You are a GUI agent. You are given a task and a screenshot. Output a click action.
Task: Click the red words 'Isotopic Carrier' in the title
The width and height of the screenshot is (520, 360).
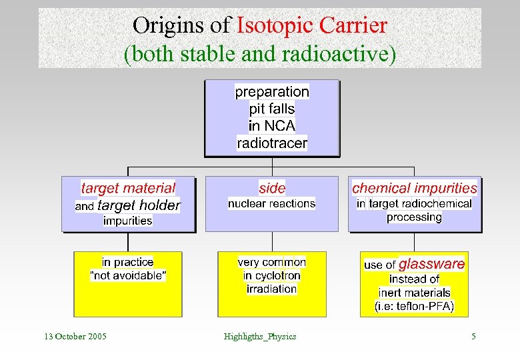tap(311, 25)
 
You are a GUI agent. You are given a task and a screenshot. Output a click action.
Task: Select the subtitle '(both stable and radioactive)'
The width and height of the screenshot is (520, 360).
tap(260, 53)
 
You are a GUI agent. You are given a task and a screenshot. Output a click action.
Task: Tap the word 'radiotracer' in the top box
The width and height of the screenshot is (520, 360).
tap(272, 143)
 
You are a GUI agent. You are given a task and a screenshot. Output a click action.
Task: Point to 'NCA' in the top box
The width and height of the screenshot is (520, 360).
tap(279, 125)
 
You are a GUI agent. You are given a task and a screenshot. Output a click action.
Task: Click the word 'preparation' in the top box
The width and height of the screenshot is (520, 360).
tap(272, 91)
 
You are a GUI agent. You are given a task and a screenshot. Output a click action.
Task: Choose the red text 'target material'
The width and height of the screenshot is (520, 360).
tap(128, 188)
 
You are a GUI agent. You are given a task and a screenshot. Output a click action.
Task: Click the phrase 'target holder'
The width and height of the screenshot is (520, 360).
tap(139, 205)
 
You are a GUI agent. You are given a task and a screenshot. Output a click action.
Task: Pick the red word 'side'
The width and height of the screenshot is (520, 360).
tap(272, 188)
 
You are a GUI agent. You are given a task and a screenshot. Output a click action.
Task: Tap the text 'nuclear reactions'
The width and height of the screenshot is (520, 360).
tap(272, 203)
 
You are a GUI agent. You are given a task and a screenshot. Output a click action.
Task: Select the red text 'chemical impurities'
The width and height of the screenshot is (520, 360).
tap(415, 188)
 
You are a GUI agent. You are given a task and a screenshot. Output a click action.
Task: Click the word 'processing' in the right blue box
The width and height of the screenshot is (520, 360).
tap(414, 217)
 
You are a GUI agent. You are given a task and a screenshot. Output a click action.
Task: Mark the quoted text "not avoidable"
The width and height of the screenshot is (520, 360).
tap(128, 275)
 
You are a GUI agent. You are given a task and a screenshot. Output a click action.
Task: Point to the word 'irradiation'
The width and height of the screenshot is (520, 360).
tap(272, 289)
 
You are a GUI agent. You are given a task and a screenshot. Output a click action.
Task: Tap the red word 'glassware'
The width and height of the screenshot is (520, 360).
tap(431, 264)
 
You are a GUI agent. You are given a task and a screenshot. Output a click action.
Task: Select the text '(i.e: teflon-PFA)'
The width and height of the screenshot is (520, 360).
tap(415, 307)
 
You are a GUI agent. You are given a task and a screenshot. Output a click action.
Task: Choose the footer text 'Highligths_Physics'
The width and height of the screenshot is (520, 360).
tap(260, 336)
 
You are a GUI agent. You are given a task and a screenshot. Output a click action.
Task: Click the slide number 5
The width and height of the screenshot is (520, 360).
tap(473, 336)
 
